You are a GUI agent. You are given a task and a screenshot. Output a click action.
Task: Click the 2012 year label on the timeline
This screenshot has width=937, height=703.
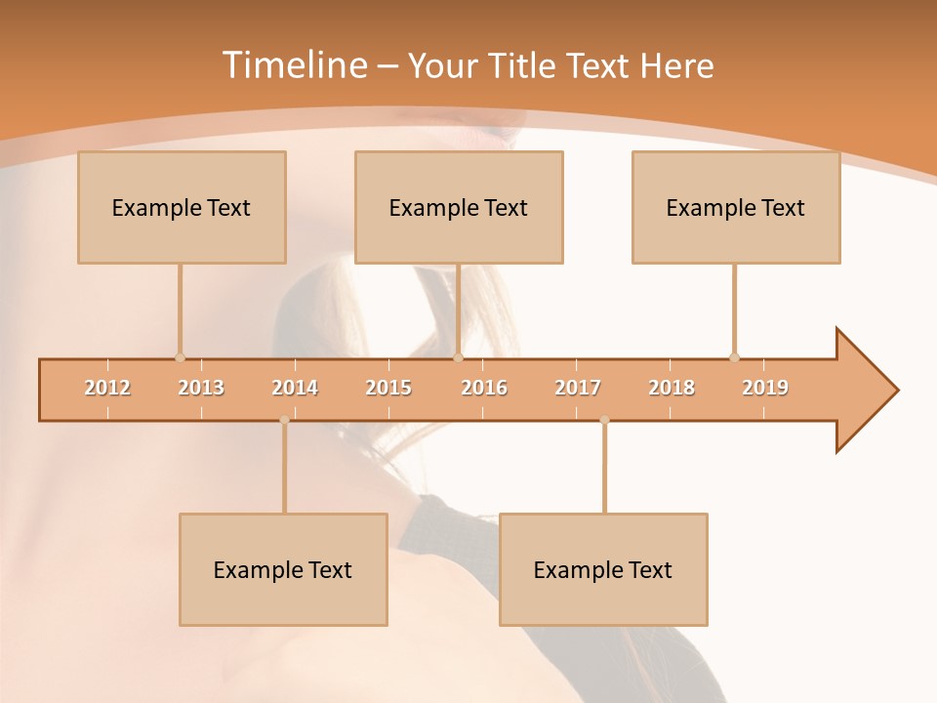(107, 388)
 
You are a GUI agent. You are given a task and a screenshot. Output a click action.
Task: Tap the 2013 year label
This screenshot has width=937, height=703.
(201, 388)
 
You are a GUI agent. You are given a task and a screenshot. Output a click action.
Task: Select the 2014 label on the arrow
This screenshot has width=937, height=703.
(295, 388)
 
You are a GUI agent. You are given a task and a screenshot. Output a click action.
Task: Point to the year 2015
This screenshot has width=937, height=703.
(388, 388)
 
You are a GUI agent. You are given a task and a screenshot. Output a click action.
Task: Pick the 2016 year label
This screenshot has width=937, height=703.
(484, 388)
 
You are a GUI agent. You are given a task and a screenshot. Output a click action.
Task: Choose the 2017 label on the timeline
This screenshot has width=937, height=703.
(578, 388)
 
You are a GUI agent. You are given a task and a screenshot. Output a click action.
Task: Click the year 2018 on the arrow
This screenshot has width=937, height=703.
(672, 388)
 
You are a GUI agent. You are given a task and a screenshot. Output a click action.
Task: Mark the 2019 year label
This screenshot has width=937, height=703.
(765, 388)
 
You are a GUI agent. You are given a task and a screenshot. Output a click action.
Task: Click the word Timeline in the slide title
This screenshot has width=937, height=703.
(293, 65)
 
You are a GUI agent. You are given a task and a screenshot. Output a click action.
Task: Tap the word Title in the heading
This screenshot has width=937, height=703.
(525, 65)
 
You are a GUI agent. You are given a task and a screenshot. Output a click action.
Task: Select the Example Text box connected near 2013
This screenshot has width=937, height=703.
(182, 207)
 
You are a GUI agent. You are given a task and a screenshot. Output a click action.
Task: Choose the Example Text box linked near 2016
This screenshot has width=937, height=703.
(459, 207)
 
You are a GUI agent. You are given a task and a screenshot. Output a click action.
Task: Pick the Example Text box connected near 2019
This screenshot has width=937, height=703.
(736, 207)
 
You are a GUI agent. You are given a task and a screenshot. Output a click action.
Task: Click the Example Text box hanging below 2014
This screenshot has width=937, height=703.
(283, 569)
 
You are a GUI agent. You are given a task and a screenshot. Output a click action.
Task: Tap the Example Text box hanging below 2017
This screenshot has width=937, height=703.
(603, 569)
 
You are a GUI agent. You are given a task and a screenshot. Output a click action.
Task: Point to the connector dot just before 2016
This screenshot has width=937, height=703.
(459, 357)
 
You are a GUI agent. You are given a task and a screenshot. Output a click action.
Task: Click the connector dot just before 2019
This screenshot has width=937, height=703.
(734, 357)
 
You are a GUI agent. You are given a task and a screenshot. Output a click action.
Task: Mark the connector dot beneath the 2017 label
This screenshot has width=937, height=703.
(604, 420)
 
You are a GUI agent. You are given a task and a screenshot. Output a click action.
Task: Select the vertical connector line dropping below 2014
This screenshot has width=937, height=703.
(284, 469)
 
